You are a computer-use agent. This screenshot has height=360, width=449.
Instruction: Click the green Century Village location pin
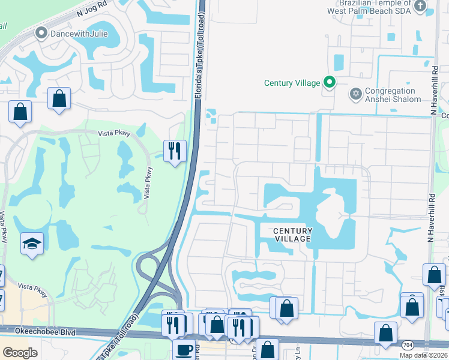tap(329, 82)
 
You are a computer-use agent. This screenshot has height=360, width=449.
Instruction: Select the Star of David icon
tap(355, 94)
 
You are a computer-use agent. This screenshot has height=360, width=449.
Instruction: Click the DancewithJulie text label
tap(79, 34)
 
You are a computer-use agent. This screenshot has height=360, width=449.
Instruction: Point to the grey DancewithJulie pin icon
tap(41, 34)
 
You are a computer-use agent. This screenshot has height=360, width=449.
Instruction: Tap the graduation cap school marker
tap(32, 244)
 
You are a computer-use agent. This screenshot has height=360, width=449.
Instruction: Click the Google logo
tap(20, 352)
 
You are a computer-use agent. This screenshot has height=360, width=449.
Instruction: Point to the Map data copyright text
tap(423, 356)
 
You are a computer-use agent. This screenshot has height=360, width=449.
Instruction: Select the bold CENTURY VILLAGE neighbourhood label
tap(293, 235)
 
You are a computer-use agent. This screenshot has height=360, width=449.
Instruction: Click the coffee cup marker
tap(184, 350)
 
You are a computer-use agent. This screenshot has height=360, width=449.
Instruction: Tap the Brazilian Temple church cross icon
tap(420, 6)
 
